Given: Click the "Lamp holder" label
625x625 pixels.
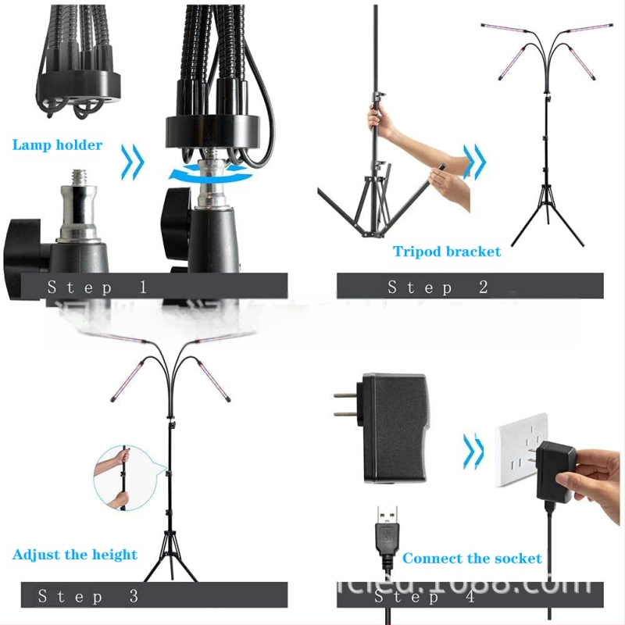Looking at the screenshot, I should pyautogui.click(x=57, y=145).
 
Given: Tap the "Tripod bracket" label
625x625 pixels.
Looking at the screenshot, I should pyautogui.click(x=447, y=252).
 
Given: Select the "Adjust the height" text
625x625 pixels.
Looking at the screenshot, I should pyautogui.click(x=75, y=555).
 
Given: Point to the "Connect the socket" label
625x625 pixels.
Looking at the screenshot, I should pyautogui.click(x=472, y=559).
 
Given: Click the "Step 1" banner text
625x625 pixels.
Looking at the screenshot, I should pyautogui.click(x=97, y=287).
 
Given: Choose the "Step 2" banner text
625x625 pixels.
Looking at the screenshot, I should pyautogui.click(x=437, y=287).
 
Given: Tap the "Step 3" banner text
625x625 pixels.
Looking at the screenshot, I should pyautogui.click(x=88, y=596).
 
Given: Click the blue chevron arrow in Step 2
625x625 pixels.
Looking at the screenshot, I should pyautogui.click(x=474, y=162).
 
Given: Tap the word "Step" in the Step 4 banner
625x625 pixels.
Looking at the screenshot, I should pyautogui.click(x=402, y=597).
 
